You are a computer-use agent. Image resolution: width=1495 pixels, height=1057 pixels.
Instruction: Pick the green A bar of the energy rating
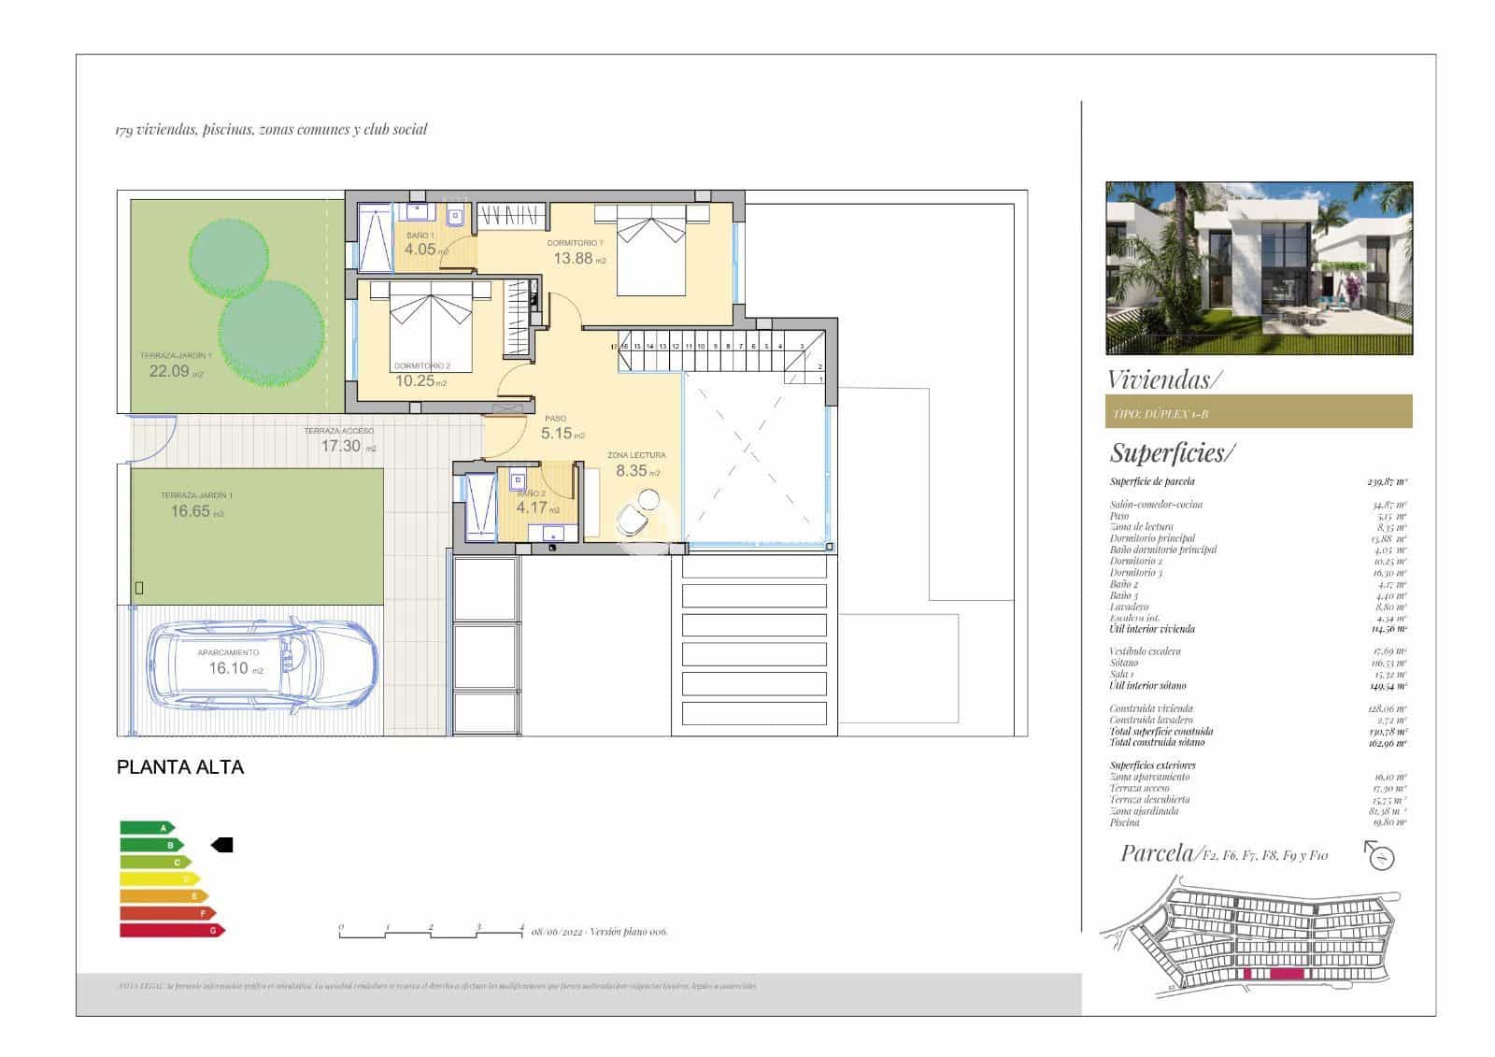(147, 827)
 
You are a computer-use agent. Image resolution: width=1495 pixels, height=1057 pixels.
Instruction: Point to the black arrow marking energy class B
(222, 845)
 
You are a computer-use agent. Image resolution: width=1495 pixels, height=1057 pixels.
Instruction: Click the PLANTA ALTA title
(180, 767)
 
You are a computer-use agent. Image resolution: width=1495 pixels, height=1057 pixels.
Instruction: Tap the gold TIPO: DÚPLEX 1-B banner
(1258, 412)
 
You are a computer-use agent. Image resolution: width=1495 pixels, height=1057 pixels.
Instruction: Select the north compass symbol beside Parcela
(1380, 855)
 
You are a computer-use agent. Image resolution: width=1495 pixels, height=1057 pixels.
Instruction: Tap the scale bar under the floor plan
(431, 932)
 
